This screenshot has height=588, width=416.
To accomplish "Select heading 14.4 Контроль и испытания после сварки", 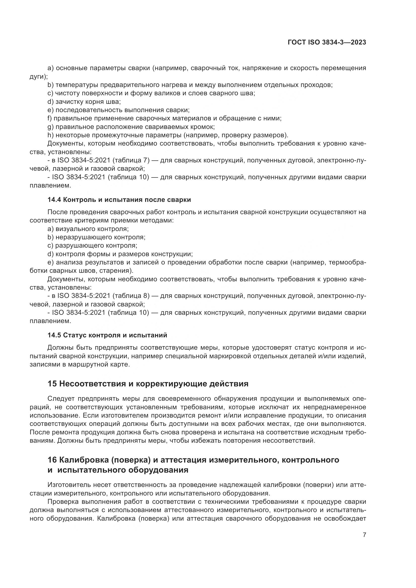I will (x=119, y=200).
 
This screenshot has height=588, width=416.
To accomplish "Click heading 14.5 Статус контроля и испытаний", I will (x=107, y=335).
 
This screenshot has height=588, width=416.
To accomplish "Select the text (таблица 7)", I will (x=131, y=160).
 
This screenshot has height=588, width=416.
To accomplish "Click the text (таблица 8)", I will (x=131, y=296).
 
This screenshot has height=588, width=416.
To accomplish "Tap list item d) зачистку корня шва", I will (x=84, y=102).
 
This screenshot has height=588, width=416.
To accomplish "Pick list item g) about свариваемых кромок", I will (x=131, y=127).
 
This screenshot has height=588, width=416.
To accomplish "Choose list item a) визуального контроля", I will (x=88, y=229).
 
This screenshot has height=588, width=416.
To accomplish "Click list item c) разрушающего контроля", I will (x=92, y=245).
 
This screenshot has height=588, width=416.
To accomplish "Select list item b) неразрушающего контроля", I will (x=96, y=237).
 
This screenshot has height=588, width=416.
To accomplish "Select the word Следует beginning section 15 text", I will (x=61, y=399).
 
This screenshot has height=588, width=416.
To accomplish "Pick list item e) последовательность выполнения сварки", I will (x=118, y=110).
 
